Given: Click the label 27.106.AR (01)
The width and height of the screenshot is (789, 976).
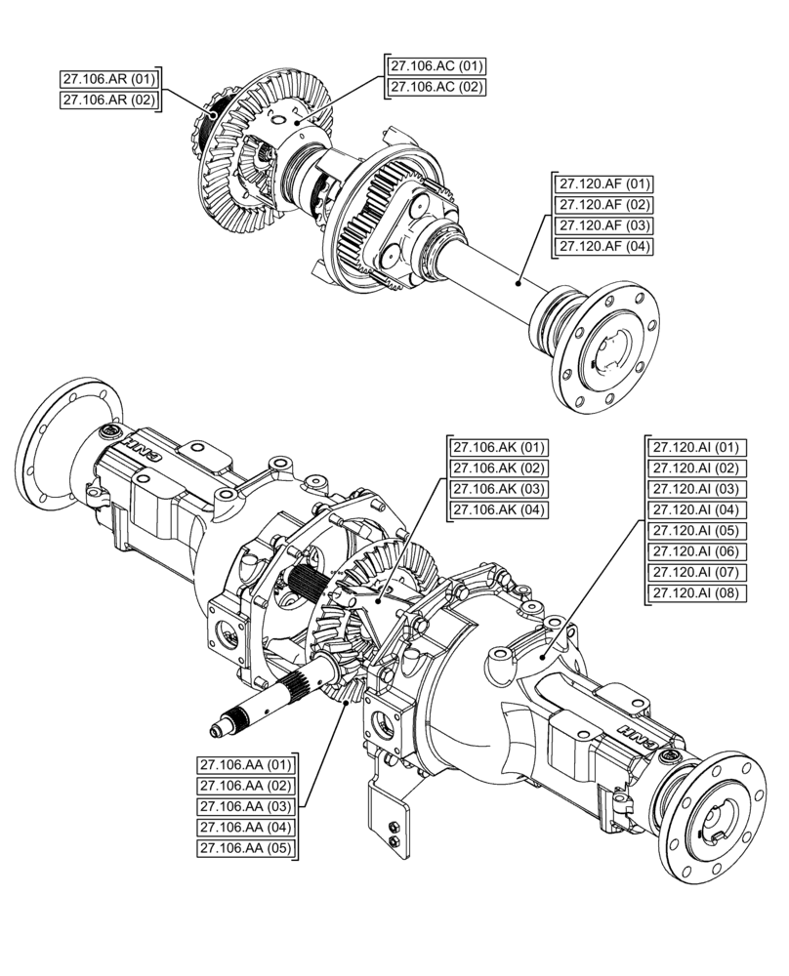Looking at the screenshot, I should coord(109,79).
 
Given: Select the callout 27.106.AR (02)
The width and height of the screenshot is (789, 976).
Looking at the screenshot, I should coord(109,100).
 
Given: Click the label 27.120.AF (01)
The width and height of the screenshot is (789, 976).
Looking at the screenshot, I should coord(604,183).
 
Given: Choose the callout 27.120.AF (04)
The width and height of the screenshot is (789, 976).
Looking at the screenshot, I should coord(604,246).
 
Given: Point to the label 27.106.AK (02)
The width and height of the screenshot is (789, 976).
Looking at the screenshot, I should coord(497,468).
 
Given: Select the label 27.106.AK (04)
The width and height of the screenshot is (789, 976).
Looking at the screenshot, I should coord(497,510).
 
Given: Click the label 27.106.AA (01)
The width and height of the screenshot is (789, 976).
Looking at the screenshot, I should coord(246,764).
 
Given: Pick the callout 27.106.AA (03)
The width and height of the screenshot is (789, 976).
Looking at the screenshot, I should coord(246,806).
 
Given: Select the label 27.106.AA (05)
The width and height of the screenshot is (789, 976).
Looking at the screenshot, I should coord(246,848).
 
